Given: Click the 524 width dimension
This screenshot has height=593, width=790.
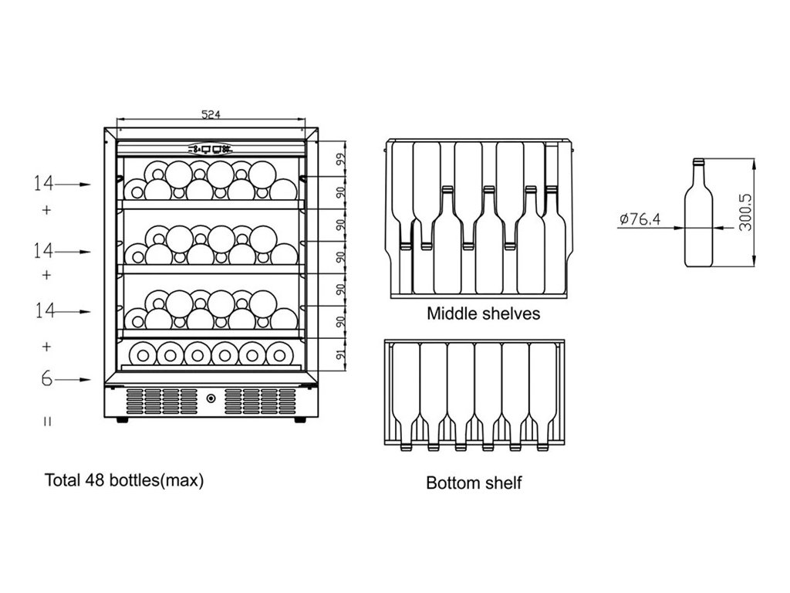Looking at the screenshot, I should tap(211, 114).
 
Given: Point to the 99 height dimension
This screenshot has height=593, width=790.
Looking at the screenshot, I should tap(340, 160).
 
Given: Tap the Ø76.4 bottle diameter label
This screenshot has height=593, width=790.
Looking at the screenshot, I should tap(640, 219).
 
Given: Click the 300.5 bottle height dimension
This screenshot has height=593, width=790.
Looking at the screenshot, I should tap(745, 213).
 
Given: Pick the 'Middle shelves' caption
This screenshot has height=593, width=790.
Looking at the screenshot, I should tap(483, 314).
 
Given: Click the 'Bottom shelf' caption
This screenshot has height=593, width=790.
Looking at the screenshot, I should tap(474, 483).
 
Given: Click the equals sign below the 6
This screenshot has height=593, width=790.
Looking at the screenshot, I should tap(47, 421).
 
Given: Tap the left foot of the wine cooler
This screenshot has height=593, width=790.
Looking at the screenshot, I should tap(122, 420).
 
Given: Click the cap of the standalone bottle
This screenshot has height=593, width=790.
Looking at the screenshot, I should tap(698, 163).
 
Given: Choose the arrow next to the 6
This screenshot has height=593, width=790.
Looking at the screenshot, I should tap(75, 379).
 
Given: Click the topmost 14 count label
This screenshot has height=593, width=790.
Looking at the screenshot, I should tap(43, 184).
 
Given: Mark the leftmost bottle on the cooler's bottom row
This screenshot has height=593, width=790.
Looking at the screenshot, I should tap(143, 353).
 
